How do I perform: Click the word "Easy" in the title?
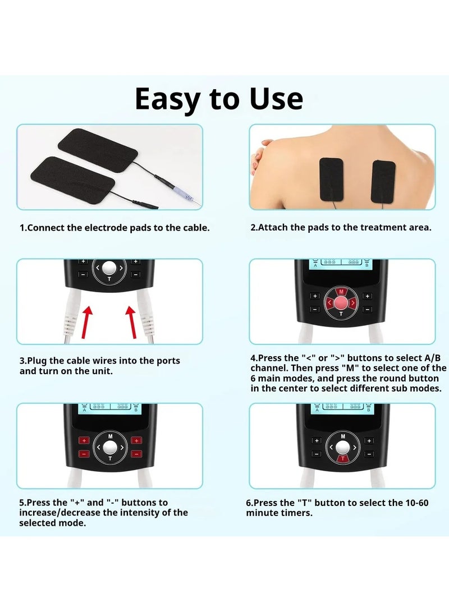click(x=168, y=99)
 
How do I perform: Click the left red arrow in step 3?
click(x=86, y=321)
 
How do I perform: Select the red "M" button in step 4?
click(x=341, y=292)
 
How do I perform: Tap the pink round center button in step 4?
click(x=341, y=302)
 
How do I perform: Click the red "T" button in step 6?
click(x=343, y=459)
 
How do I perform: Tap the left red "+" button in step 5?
click(x=84, y=441)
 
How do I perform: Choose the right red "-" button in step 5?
click(x=136, y=454)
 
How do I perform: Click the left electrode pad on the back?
click(x=331, y=179)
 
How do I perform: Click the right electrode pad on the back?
click(x=383, y=182)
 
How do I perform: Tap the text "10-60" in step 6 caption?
click(x=416, y=503)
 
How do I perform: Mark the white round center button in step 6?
click(x=343, y=447)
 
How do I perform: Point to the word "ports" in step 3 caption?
click(x=168, y=361)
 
